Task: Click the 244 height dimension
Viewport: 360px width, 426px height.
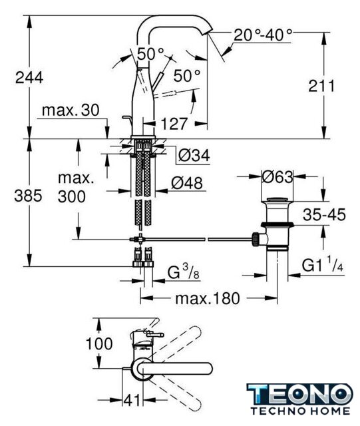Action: pyautogui.click(x=29, y=78)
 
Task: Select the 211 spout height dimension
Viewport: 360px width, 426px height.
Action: pyautogui.click(x=321, y=87)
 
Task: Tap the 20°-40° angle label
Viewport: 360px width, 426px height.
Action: pyautogui.click(x=263, y=35)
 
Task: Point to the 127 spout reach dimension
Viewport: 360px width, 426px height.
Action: pyautogui.click(x=174, y=124)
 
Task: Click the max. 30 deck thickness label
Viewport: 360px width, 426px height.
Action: pyautogui.click(x=71, y=110)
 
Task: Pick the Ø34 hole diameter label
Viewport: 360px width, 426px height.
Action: pyautogui.click(x=194, y=156)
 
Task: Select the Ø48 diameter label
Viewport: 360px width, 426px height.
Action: pyautogui.click(x=187, y=183)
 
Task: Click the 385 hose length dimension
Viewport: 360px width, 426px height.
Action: pyautogui.click(x=28, y=196)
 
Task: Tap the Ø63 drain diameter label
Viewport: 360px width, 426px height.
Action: pyautogui.click(x=277, y=177)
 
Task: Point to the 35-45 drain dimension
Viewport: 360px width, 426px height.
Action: pyautogui.click(x=324, y=214)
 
